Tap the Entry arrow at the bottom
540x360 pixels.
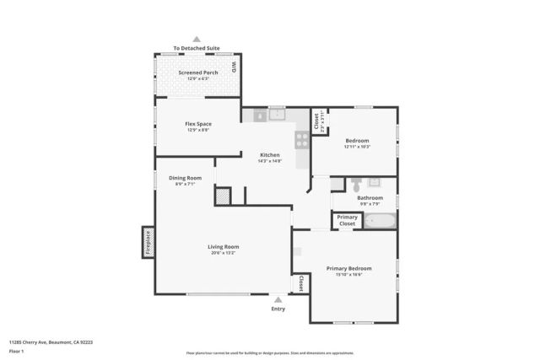point(278,299)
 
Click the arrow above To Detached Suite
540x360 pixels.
point(197,40)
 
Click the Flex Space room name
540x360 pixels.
point(197,124)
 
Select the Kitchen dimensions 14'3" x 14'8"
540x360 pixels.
point(269,160)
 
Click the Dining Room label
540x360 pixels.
point(185,178)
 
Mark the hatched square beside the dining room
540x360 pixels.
point(222,196)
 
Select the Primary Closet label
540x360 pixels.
point(347,220)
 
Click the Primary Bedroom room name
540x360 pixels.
point(349,268)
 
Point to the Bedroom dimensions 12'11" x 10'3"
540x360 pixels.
point(357,147)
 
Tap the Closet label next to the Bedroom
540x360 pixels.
point(316,123)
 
